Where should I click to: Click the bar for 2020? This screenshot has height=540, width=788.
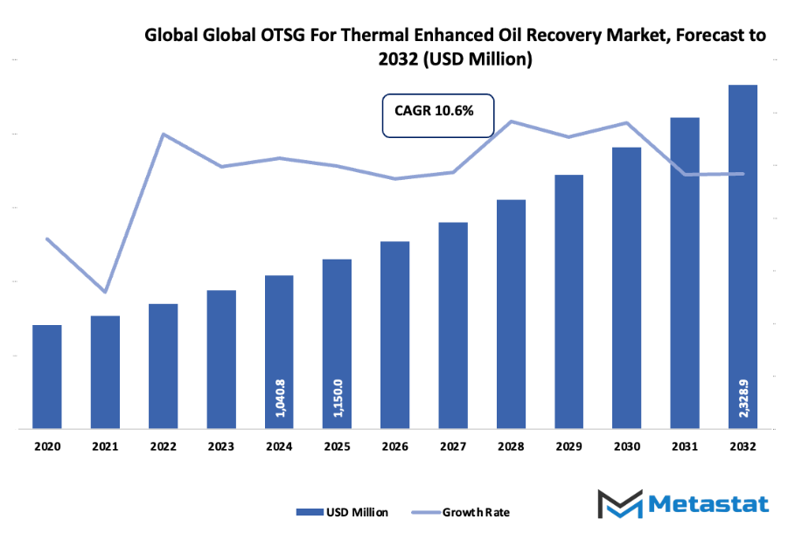coord(47,377)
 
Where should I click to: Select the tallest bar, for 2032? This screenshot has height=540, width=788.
coord(743,257)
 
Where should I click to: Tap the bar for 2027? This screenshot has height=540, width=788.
coord(453,325)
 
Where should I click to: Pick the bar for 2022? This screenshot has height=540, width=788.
coord(164,366)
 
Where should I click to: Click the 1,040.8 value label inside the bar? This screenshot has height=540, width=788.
coord(280,398)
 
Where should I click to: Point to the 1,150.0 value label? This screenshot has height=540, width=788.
coord(338,398)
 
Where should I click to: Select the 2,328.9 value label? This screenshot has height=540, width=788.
coord(743,398)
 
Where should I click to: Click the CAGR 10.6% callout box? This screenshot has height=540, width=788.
coord(438,114)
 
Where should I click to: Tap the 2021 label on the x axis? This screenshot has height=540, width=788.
coord(105,446)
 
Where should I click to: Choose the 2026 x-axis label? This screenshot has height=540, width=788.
coord(395,446)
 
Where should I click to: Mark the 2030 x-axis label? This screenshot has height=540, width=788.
coord(627,446)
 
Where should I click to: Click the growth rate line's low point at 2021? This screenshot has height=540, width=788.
coord(105,291)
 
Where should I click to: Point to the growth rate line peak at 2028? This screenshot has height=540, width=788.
coord(512,121)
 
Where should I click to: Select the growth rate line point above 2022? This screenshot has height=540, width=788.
coord(164,134)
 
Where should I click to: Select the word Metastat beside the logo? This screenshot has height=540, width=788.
coord(709,505)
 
